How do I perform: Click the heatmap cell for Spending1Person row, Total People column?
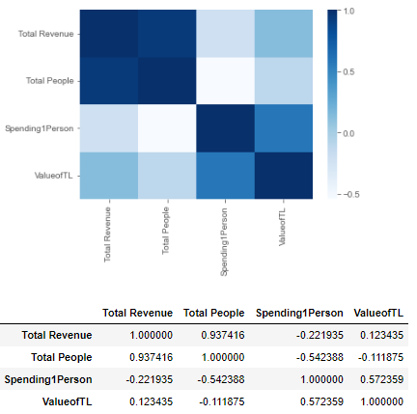[x=165, y=127]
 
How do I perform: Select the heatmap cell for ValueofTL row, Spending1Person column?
[x=224, y=175]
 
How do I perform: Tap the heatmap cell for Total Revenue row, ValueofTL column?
[x=284, y=34]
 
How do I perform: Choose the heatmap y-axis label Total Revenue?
[x=42, y=35]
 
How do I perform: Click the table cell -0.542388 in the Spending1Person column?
[x=297, y=357]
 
